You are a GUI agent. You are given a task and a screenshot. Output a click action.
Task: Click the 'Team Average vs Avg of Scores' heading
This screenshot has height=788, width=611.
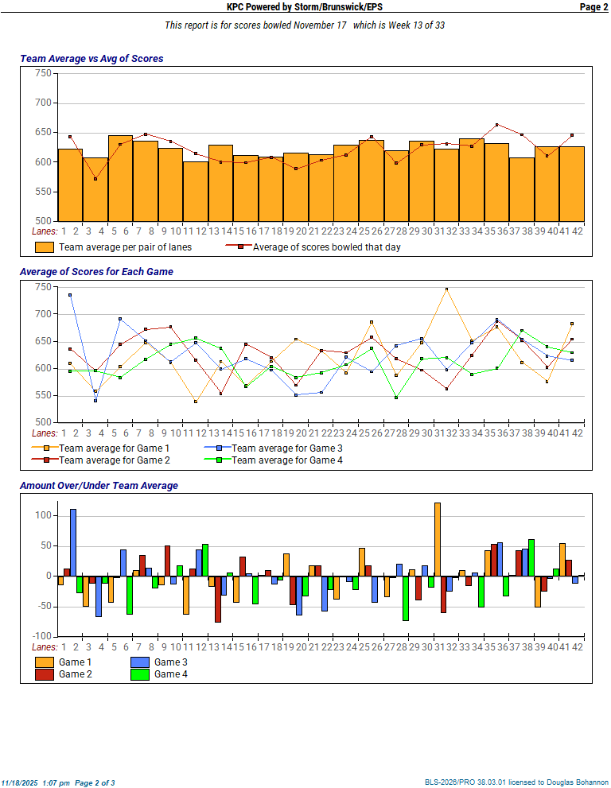click(91, 59)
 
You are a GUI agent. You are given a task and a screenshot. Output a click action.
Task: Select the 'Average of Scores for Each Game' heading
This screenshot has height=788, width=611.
click(96, 272)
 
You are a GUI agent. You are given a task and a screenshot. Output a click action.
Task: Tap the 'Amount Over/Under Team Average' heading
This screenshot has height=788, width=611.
click(99, 486)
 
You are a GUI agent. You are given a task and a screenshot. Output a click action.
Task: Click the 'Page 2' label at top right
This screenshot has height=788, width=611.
click(593, 7)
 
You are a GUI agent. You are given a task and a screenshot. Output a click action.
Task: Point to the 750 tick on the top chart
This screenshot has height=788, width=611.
click(43, 73)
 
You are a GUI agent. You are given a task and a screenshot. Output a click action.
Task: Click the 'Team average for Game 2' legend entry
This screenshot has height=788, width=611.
click(115, 460)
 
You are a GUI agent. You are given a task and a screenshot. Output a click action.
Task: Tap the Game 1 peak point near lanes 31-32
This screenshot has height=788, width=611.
click(447, 289)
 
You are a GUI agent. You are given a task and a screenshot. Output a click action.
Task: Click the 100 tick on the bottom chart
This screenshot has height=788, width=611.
click(43, 515)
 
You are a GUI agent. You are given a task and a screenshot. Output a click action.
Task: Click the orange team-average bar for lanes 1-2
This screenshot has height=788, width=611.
click(70, 184)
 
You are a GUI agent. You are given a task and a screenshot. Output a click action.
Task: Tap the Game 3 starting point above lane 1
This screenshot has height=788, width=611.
click(70, 295)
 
